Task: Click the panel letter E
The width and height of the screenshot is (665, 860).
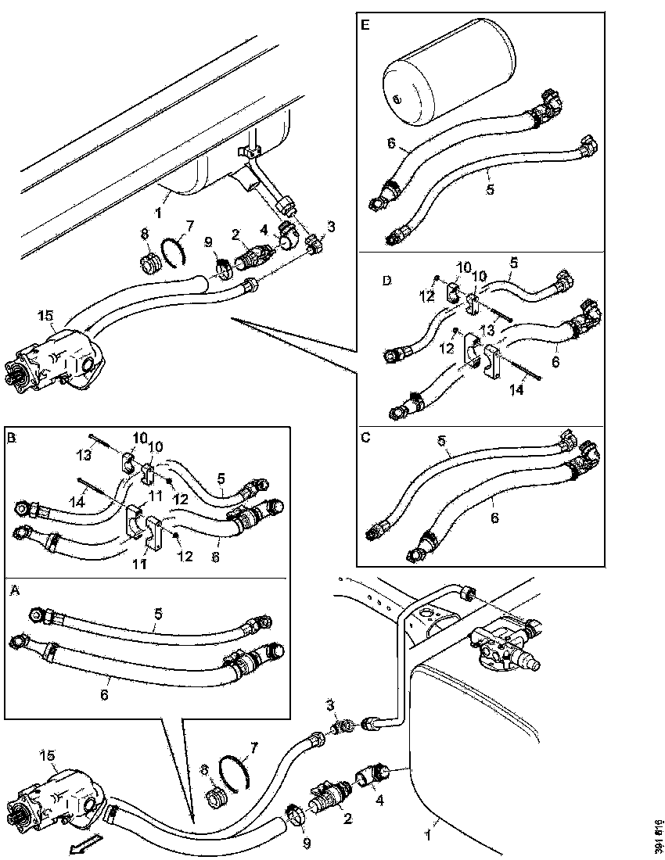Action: (365, 25)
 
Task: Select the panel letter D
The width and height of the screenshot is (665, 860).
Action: (365, 278)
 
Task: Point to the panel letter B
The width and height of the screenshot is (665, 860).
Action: (11, 439)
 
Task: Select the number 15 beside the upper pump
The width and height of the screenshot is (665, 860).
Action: (45, 316)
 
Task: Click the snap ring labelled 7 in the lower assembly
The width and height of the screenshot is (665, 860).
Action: (235, 770)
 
